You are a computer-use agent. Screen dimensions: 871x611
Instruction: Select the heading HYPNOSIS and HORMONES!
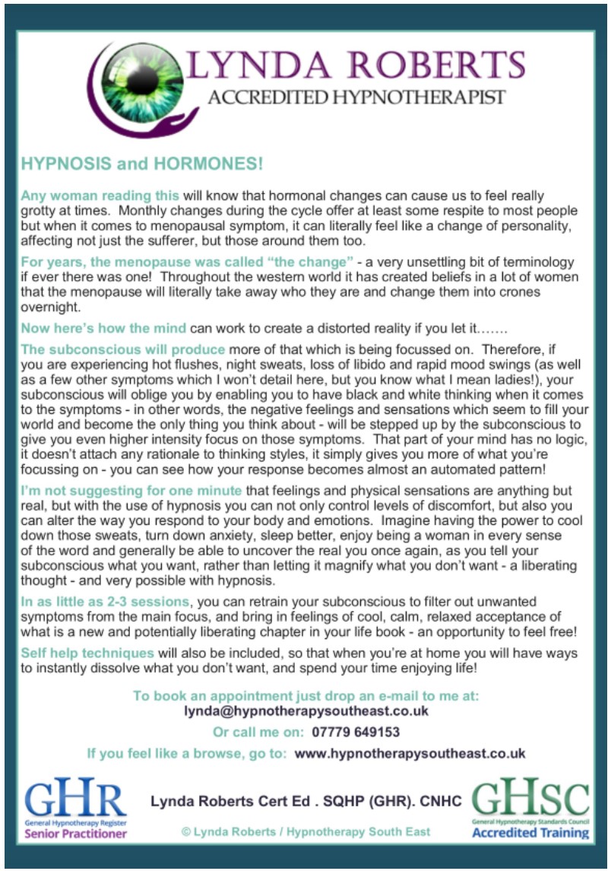tap(142, 164)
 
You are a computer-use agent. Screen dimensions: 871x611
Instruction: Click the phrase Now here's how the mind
tap(103, 329)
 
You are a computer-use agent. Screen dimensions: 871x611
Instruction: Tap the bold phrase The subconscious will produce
tap(123, 350)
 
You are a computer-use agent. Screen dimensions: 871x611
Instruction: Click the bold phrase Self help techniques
tap(87, 653)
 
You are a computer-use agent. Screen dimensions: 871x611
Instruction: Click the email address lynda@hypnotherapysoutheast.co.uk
tap(306, 711)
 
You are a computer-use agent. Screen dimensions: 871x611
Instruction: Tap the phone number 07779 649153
tap(356, 733)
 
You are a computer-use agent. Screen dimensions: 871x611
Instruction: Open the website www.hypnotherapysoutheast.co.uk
tap(410, 754)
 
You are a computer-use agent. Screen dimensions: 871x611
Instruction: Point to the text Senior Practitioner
tap(76, 833)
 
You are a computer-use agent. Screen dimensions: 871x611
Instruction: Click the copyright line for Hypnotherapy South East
tap(305, 831)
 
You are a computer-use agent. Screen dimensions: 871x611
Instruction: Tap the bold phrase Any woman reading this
tap(100, 195)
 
